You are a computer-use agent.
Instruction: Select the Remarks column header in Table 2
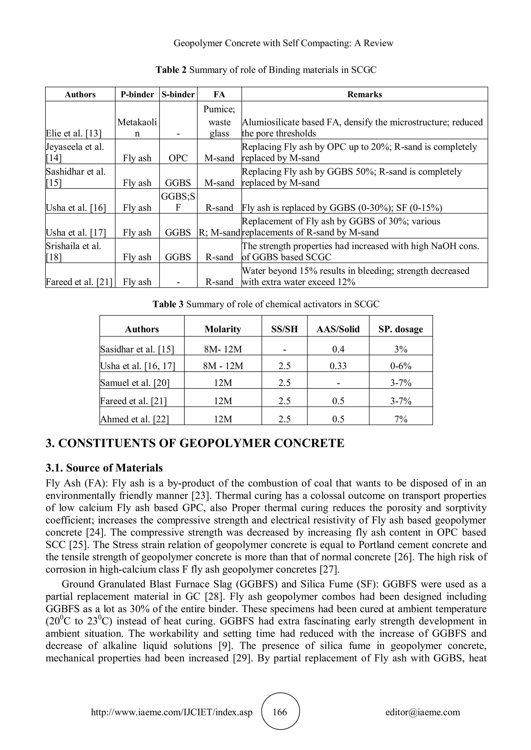[364, 95]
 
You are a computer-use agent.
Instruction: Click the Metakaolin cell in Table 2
[137, 128]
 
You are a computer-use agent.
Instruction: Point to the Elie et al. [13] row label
[74, 134]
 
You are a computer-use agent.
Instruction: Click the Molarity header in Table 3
[223, 329]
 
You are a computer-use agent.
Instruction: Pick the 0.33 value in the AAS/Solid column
[338, 366]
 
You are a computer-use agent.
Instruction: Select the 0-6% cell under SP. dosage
[401, 366]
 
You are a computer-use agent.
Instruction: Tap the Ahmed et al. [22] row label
[134, 419]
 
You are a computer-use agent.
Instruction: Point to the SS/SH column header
[284, 329]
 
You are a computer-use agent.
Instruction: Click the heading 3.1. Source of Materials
[104, 468]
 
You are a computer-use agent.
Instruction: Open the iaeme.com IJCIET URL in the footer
[172, 712]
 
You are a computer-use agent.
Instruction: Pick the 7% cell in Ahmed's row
[401, 419]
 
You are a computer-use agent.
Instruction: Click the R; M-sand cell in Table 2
[219, 233]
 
